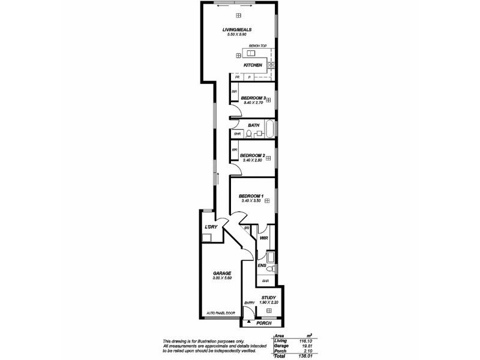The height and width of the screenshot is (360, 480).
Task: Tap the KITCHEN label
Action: tap(252, 65)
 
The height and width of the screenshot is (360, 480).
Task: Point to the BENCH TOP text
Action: tap(249, 46)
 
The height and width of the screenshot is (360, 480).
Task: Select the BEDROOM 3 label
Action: tap(253, 97)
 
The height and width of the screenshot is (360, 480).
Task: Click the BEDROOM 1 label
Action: tap(251, 196)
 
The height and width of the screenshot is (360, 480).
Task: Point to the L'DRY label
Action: tap(210, 227)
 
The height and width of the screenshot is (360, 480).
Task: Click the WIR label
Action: tap(263, 238)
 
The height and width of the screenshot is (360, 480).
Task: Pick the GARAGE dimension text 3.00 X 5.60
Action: tap(221, 278)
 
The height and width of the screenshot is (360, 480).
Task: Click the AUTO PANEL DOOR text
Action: tap(221, 313)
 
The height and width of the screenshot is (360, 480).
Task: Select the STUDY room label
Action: tap(268, 297)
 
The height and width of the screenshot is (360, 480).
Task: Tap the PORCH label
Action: tap(263, 323)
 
